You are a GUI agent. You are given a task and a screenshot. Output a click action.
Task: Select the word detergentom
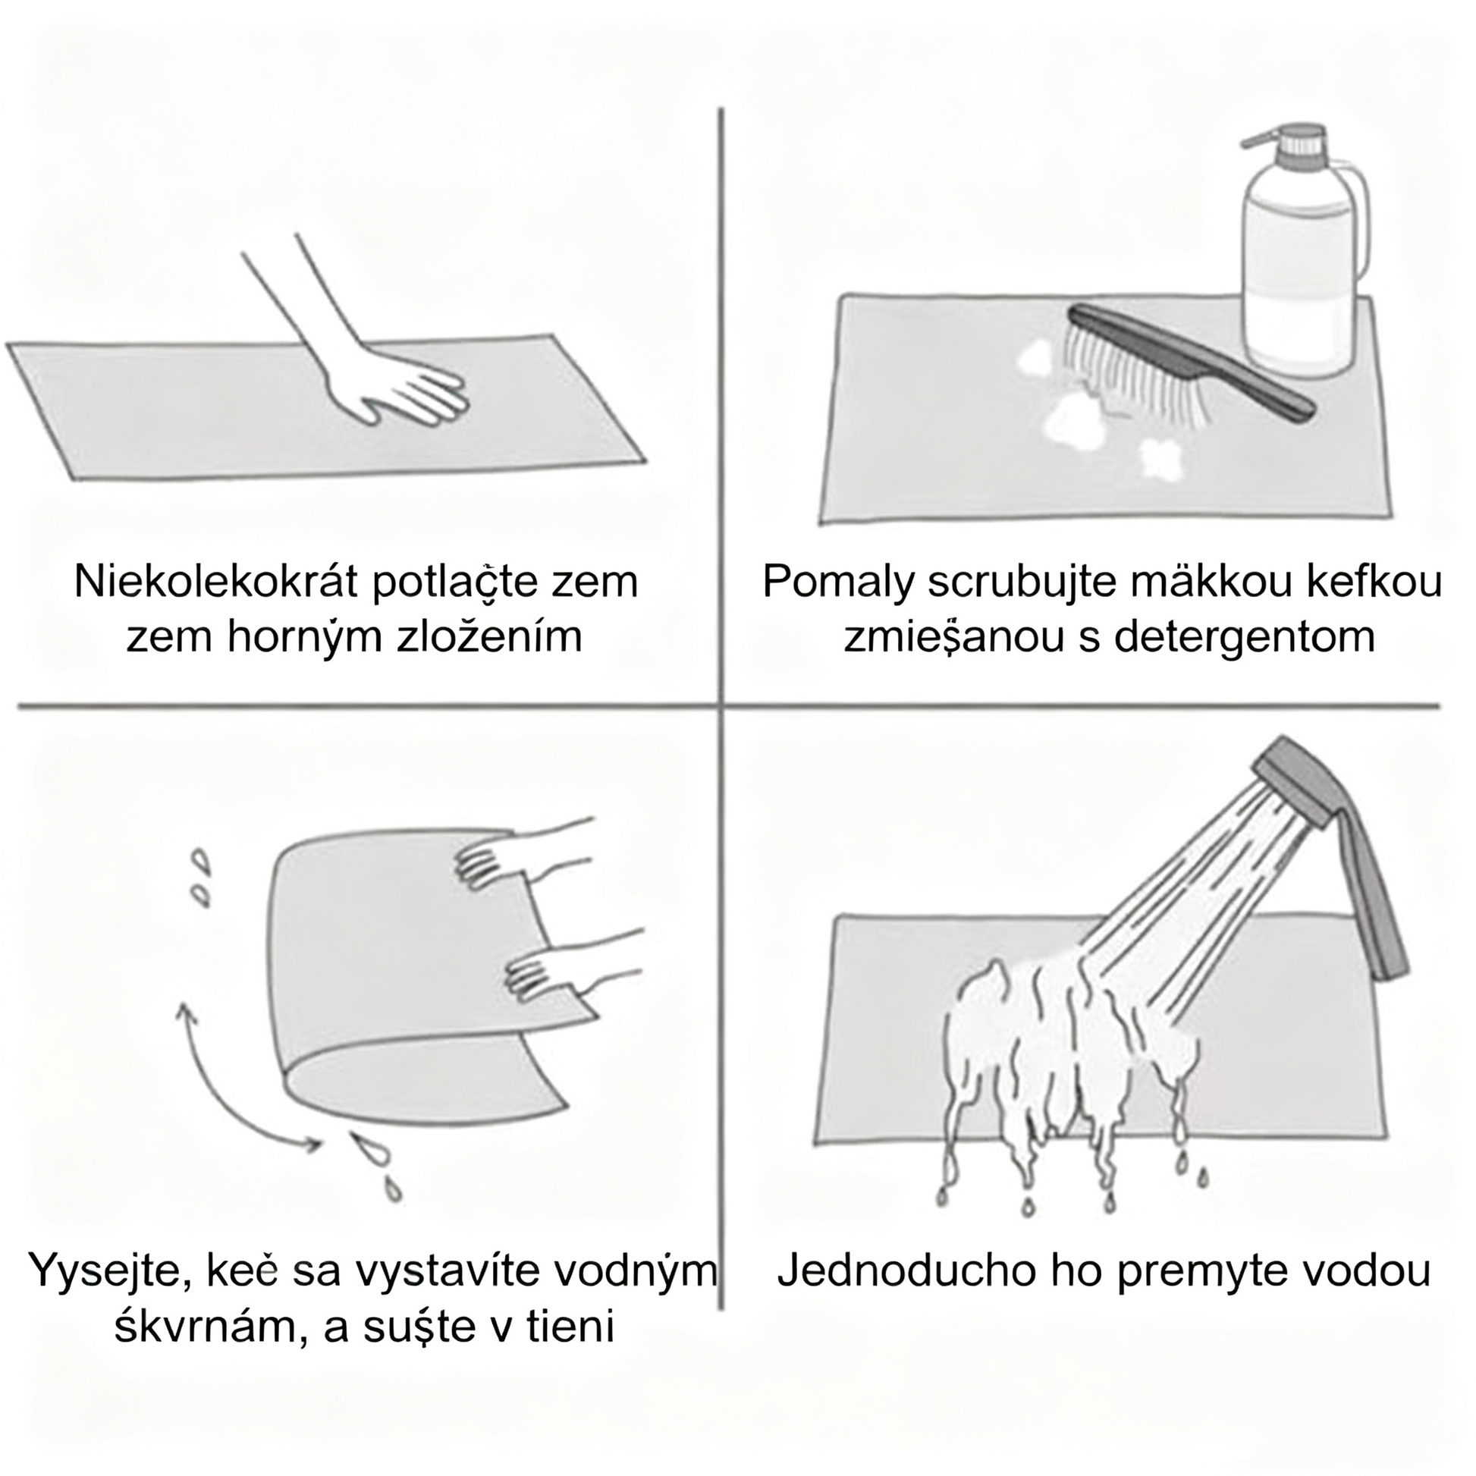coord(1245,636)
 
